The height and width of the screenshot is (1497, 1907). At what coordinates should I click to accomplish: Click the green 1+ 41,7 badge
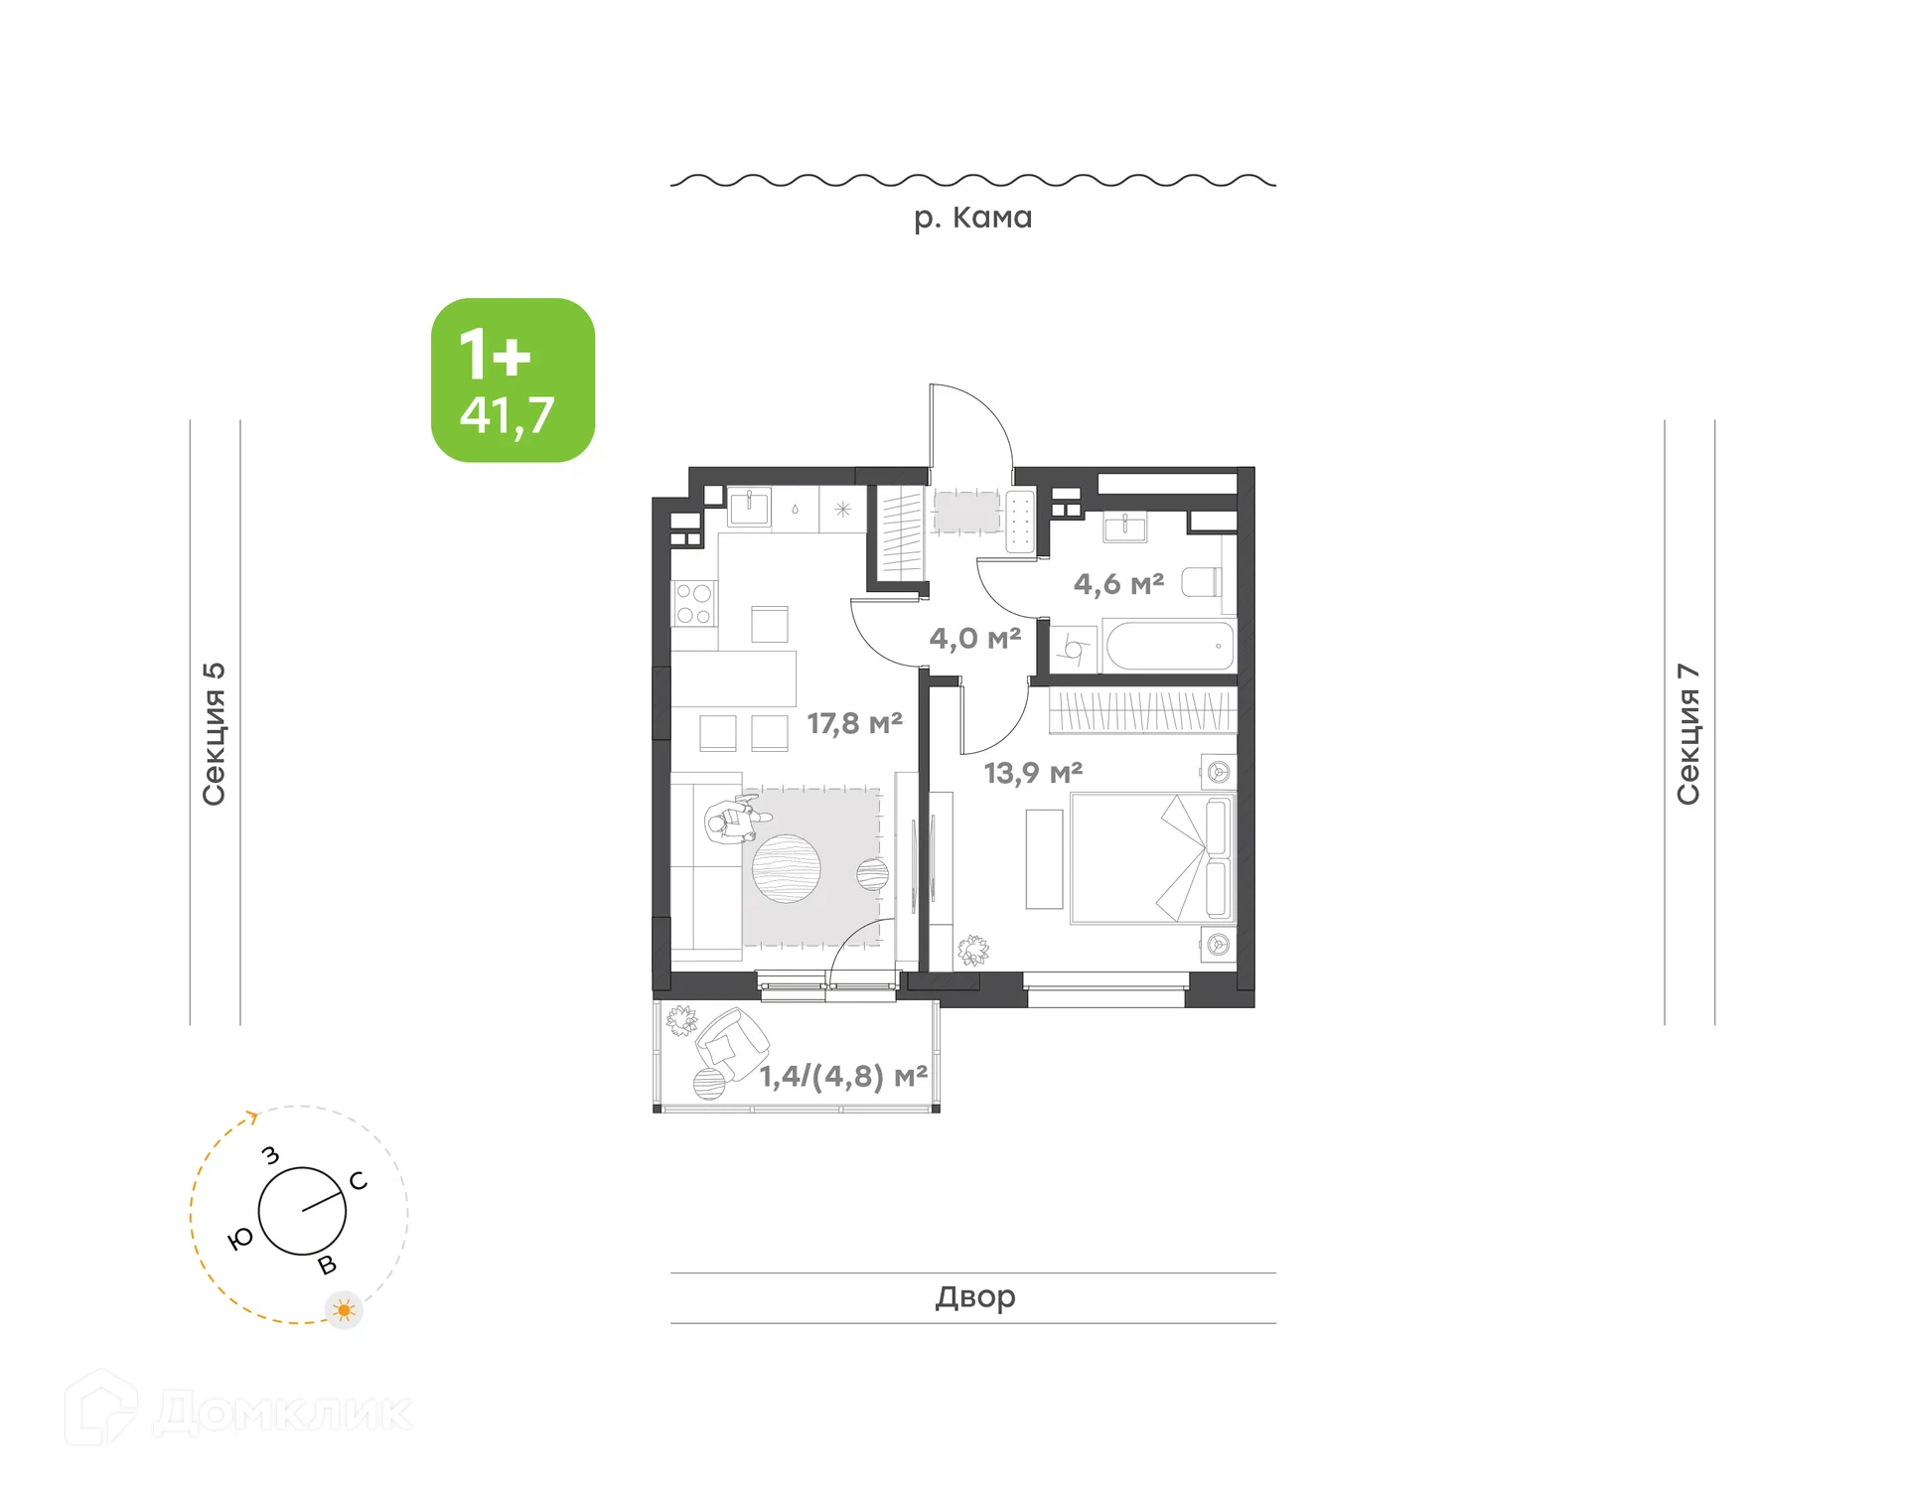pos(513,380)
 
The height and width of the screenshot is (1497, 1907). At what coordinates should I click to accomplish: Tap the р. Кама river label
pos(972,218)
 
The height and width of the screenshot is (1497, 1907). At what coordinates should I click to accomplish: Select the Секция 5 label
pos(215,733)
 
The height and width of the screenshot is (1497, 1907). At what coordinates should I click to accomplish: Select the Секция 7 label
pos(1688,733)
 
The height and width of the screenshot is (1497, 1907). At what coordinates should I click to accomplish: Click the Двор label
pos(974,1297)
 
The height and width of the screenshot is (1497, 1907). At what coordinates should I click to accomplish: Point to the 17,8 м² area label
pos(854,723)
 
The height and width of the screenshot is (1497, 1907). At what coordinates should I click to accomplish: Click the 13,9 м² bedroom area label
pos(1033,773)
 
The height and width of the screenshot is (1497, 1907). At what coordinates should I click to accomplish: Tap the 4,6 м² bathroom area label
pos(1118,584)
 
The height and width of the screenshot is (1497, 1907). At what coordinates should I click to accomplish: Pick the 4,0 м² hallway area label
pos(974,638)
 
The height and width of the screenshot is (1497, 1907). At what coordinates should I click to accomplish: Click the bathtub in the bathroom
pos(1169,647)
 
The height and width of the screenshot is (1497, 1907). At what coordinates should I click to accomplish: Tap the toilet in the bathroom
pos(1201,582)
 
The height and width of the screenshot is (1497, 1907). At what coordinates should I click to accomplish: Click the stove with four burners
pos(694,603)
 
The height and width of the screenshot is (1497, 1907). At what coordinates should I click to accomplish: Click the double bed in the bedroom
pos(1151,858)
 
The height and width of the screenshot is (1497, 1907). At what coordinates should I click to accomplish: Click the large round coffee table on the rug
pos(786,868)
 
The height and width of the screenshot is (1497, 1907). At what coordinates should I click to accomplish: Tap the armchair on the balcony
pos(733,1043)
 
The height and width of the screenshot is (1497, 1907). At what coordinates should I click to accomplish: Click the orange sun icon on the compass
pos(344,1310)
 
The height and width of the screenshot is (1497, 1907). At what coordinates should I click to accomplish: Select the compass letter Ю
pos(240,1239)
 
